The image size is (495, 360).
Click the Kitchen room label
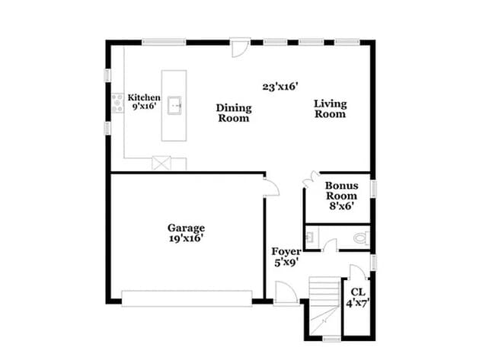click(144, 97)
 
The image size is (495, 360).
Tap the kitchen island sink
click(174, 104)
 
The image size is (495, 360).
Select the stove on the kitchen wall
click(118, 104)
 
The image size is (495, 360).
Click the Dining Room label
click(234, 113)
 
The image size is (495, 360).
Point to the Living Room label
click(331, 109)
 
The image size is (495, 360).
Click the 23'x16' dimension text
click(279, 87)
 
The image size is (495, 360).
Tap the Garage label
click(186, 227)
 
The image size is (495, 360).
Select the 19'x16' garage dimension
click(186, 237)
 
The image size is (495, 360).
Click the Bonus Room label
click(341, 190)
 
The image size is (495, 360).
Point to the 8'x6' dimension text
click(341, 205)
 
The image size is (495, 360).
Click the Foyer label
click(286, 251)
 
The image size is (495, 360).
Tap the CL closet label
click(358, 292)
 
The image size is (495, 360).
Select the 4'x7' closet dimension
click(358, 303)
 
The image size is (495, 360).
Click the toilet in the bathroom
click(360, 238)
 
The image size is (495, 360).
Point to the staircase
click(324, 304)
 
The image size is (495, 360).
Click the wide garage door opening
click(187, 298)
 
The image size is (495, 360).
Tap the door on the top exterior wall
click(240, 46)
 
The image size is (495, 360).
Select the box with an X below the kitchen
click(161, 163)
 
